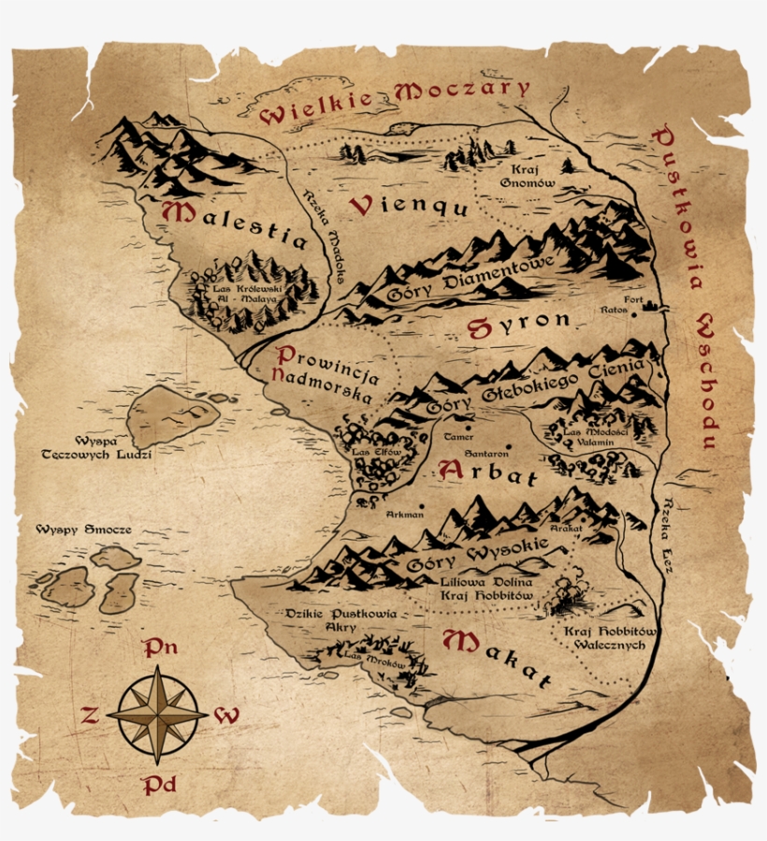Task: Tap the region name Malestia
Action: click(x=235, y=225)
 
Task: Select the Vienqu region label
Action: click(x=409, y=207)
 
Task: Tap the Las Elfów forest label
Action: click(x=375, y=453)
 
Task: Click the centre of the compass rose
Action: click(x=157, y=714)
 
